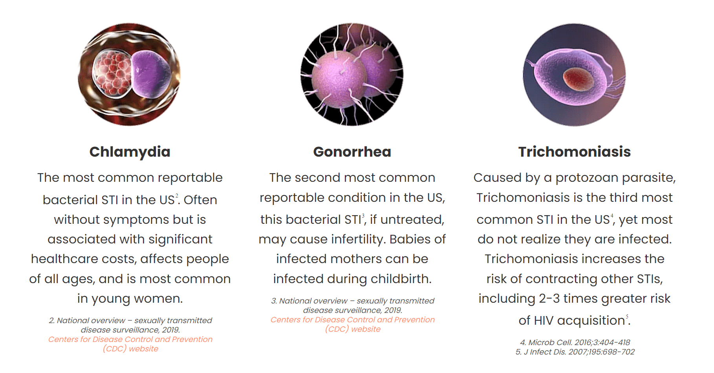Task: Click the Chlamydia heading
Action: (x=130, y=152)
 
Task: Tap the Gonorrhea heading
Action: (x=352, y=152)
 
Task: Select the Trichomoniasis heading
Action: (x=575, y=152)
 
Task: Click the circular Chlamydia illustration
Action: (x=130, y=75)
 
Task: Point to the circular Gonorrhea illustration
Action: (x=352, y=75)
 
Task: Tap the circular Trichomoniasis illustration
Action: (x=575, y=75)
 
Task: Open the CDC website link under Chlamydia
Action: (x=130, y=344)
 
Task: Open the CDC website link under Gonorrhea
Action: (x=353, y=324)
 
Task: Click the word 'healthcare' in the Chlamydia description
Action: (x=59, y=259)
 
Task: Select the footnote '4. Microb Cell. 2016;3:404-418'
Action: (x=575, y=342)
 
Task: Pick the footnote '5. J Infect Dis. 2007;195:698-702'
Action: (x=575, y=352)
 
